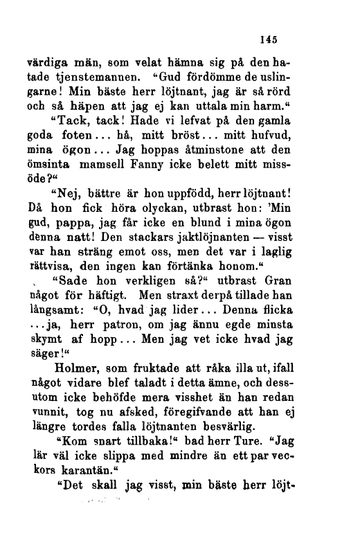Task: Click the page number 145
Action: pyautogui.click(x=266, y=39)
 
